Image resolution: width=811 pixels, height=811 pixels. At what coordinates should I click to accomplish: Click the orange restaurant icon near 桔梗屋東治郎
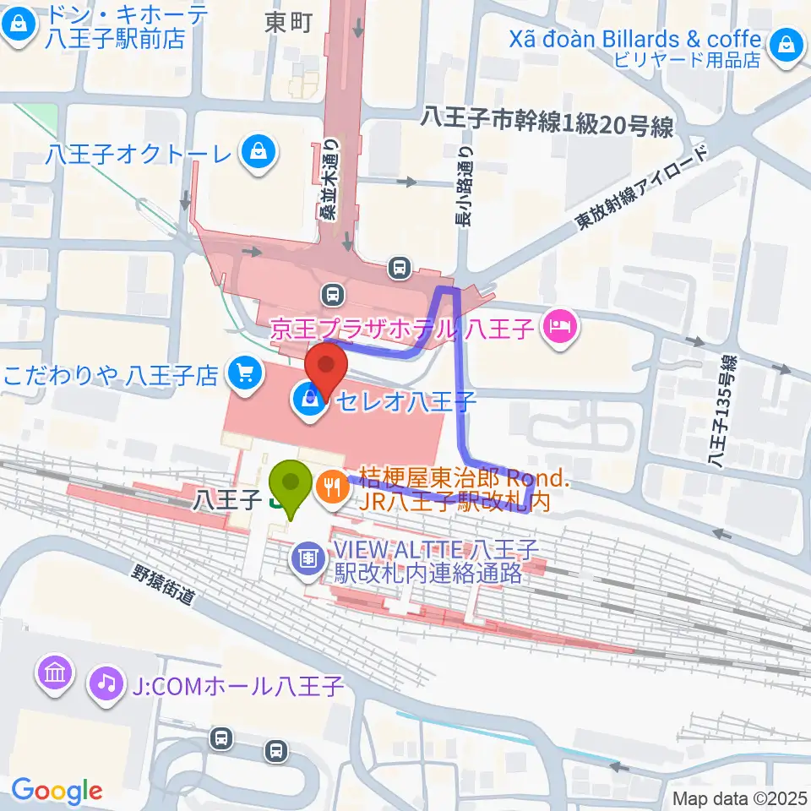pos(330,487)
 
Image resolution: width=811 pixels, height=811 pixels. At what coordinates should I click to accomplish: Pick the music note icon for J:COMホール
pos(106,682)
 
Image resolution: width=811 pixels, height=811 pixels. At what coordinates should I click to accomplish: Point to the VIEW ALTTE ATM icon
pos(306,558)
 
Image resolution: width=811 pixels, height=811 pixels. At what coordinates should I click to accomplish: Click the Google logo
pos(57,791)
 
